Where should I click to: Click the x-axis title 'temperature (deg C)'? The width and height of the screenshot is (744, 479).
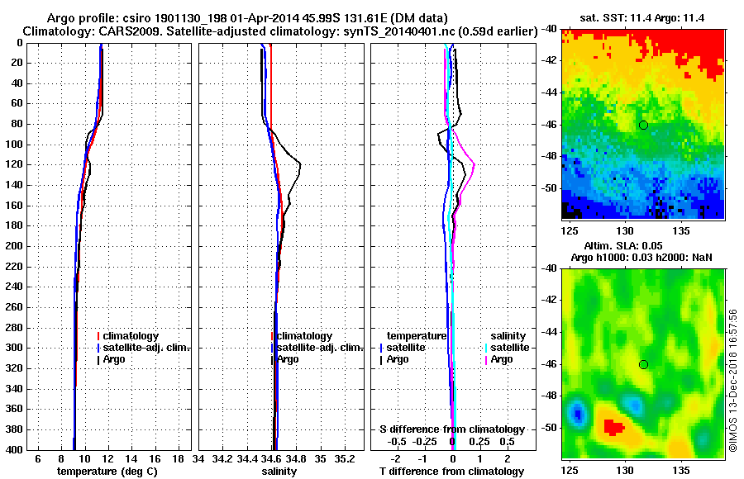(107, 472)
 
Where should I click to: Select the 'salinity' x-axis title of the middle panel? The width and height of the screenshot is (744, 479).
(279, 472)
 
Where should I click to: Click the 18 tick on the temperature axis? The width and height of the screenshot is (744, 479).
(177, 458)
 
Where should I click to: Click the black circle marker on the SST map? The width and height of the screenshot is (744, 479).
(643, 125)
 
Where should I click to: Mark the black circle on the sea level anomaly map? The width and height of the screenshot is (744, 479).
(643, 364)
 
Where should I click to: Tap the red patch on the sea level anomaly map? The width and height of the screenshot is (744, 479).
(613, 426)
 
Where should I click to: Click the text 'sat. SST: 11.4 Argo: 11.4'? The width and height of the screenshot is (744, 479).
(643, 17)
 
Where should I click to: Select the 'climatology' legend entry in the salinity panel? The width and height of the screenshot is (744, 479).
(305, 336)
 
